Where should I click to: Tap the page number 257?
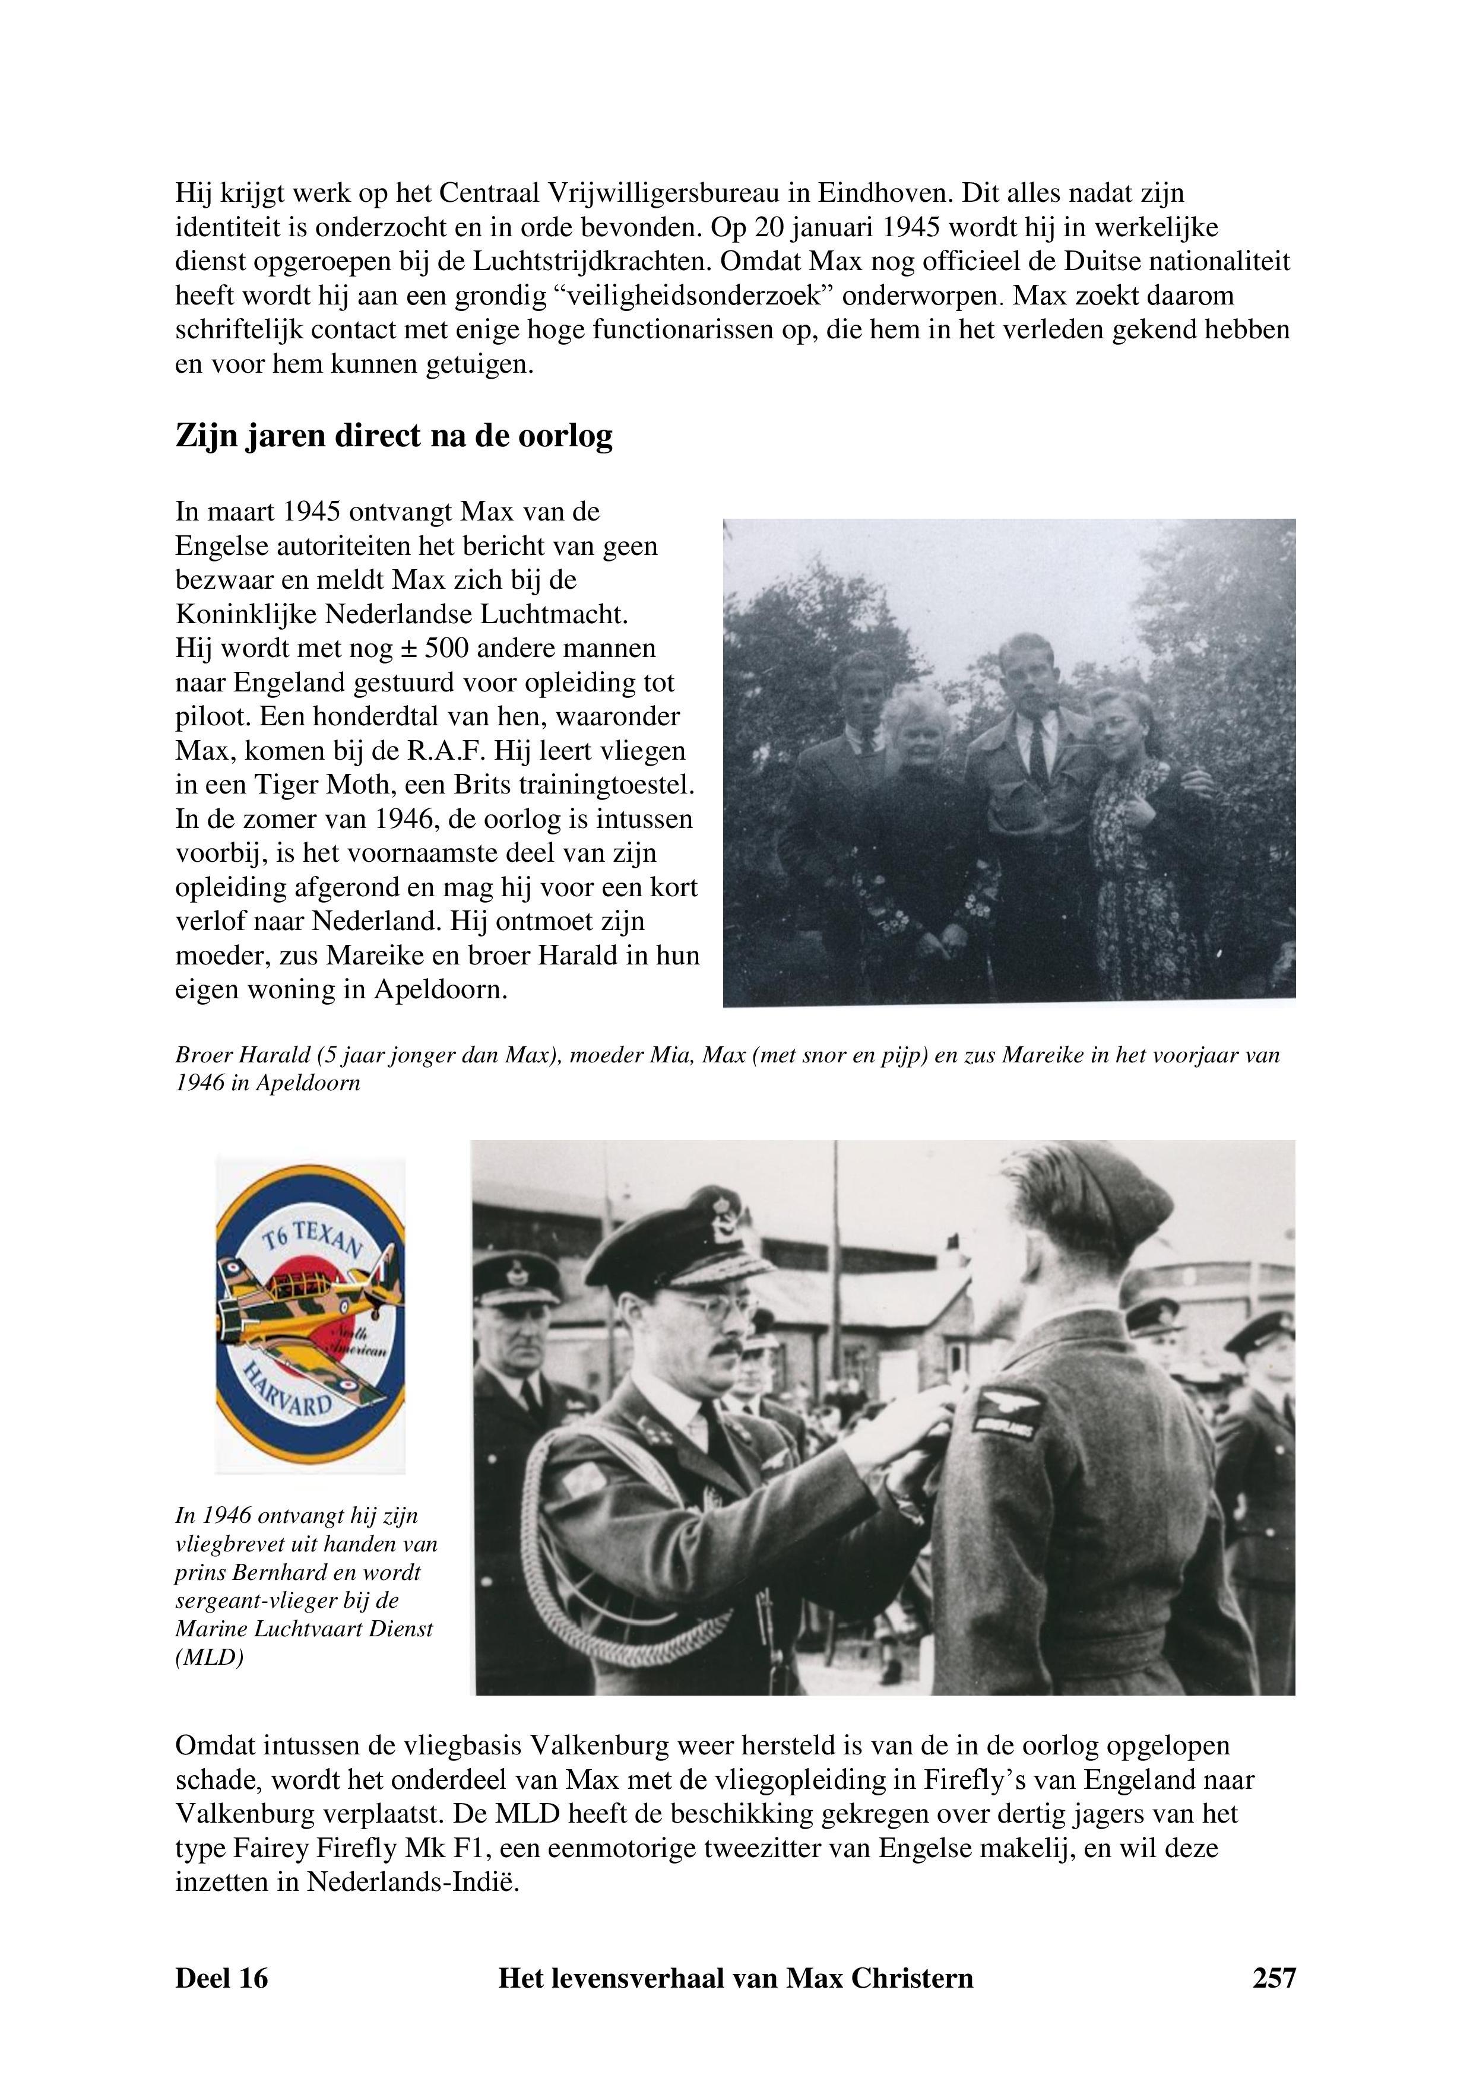click(x=1274, y=1977)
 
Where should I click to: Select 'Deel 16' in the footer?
click(x=221, y=1977)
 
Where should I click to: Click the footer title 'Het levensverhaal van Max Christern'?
click(x=736, y=1977)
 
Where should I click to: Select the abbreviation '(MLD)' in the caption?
click(x=210, y=1656)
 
